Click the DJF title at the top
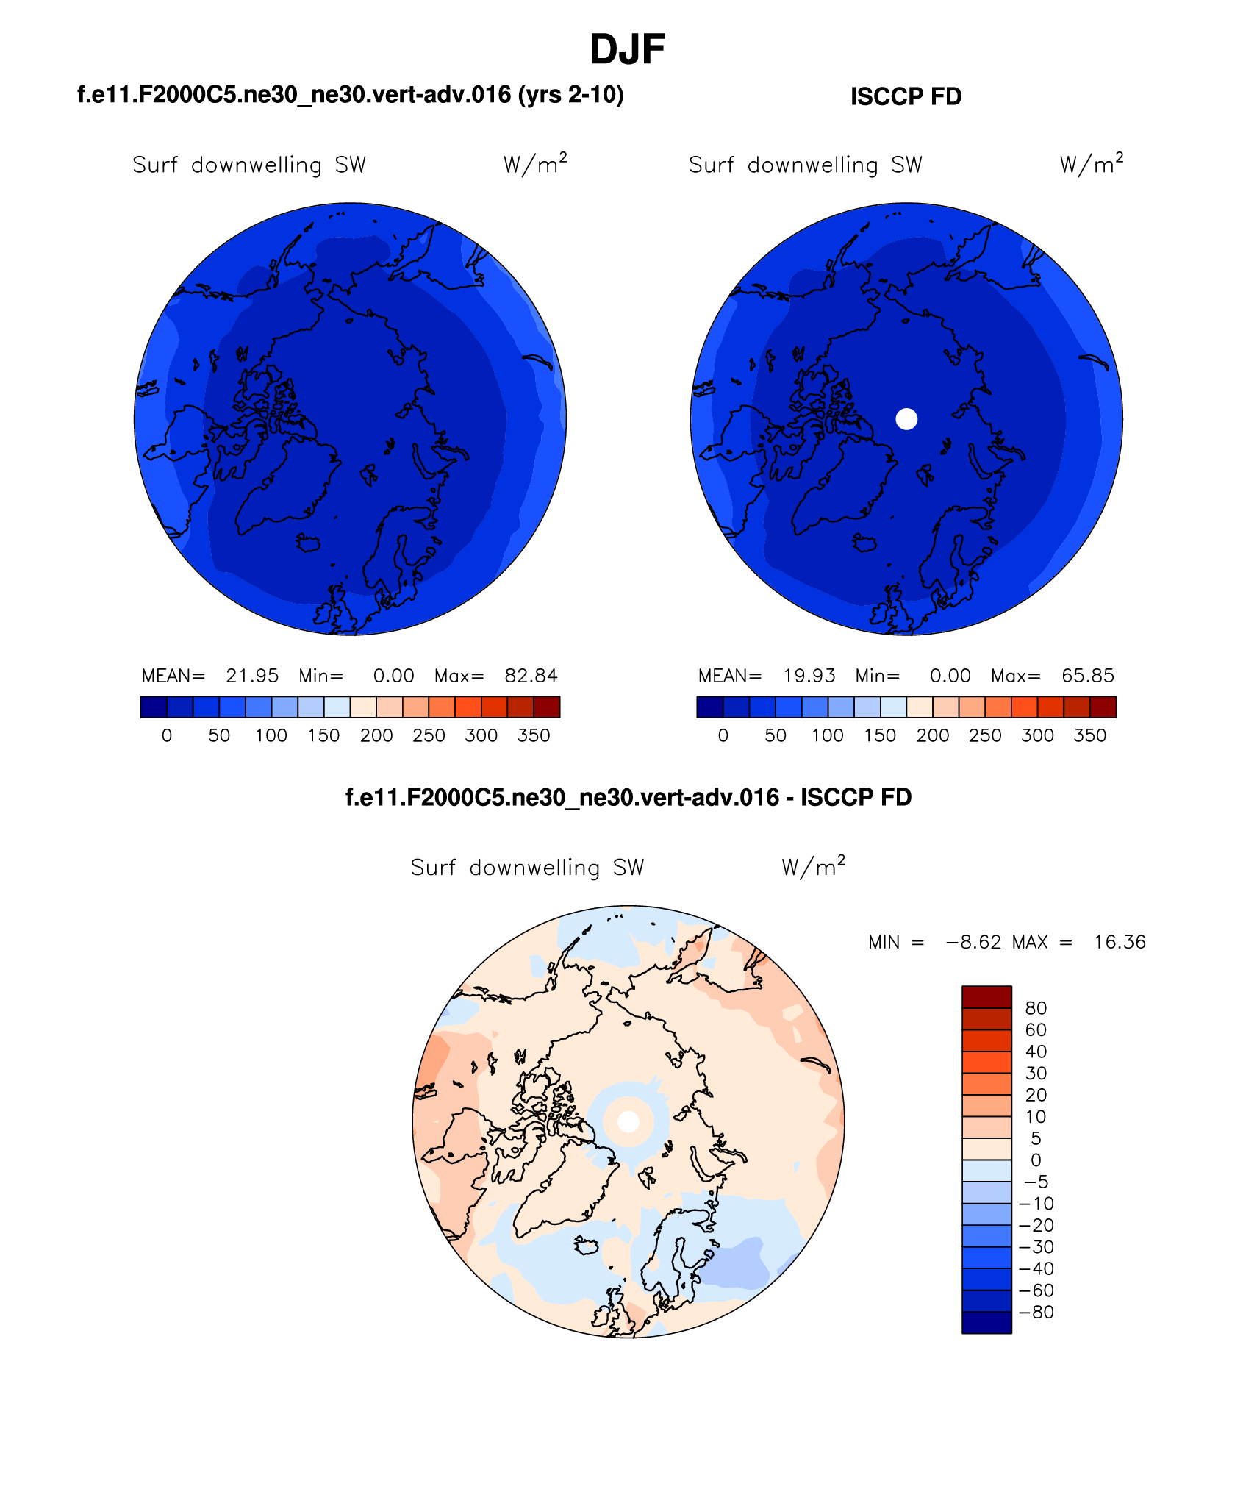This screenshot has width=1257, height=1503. click(x=627, y=50)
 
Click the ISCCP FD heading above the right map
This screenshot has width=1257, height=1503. click(x=906, y=96)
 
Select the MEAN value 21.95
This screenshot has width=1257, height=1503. click(x=252, y=676)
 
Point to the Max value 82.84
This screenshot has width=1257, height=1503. click(x=531, y=676)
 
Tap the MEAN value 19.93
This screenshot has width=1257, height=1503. click(x=809, y=676)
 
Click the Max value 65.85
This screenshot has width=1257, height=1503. click(x=1087, y=676)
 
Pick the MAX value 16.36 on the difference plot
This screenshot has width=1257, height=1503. click(x=1119, y=942)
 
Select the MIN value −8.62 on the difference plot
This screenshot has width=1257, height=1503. click(x=973, y=942)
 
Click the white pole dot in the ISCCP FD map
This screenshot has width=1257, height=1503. click(x=906, y=419)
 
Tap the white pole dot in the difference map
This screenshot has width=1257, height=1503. click(x=628, y=1121)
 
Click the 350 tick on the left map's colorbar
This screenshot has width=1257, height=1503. click(x=534, y=735)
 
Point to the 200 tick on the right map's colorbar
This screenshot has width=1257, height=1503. click(x=932, y=735)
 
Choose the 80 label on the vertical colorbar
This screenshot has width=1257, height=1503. click(x=1035, y=1008)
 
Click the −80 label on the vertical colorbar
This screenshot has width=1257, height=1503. click(x=1036, y=1312)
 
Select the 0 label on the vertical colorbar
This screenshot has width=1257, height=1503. click(x=1036, y=1160)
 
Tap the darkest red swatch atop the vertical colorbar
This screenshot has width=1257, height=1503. click(x=986, y=996)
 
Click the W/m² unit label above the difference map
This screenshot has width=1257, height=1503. click(x=813, y=867)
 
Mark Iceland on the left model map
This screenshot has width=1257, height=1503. click(x=308, y=543)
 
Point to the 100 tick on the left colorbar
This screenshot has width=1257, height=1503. click(x=271, y=735)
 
